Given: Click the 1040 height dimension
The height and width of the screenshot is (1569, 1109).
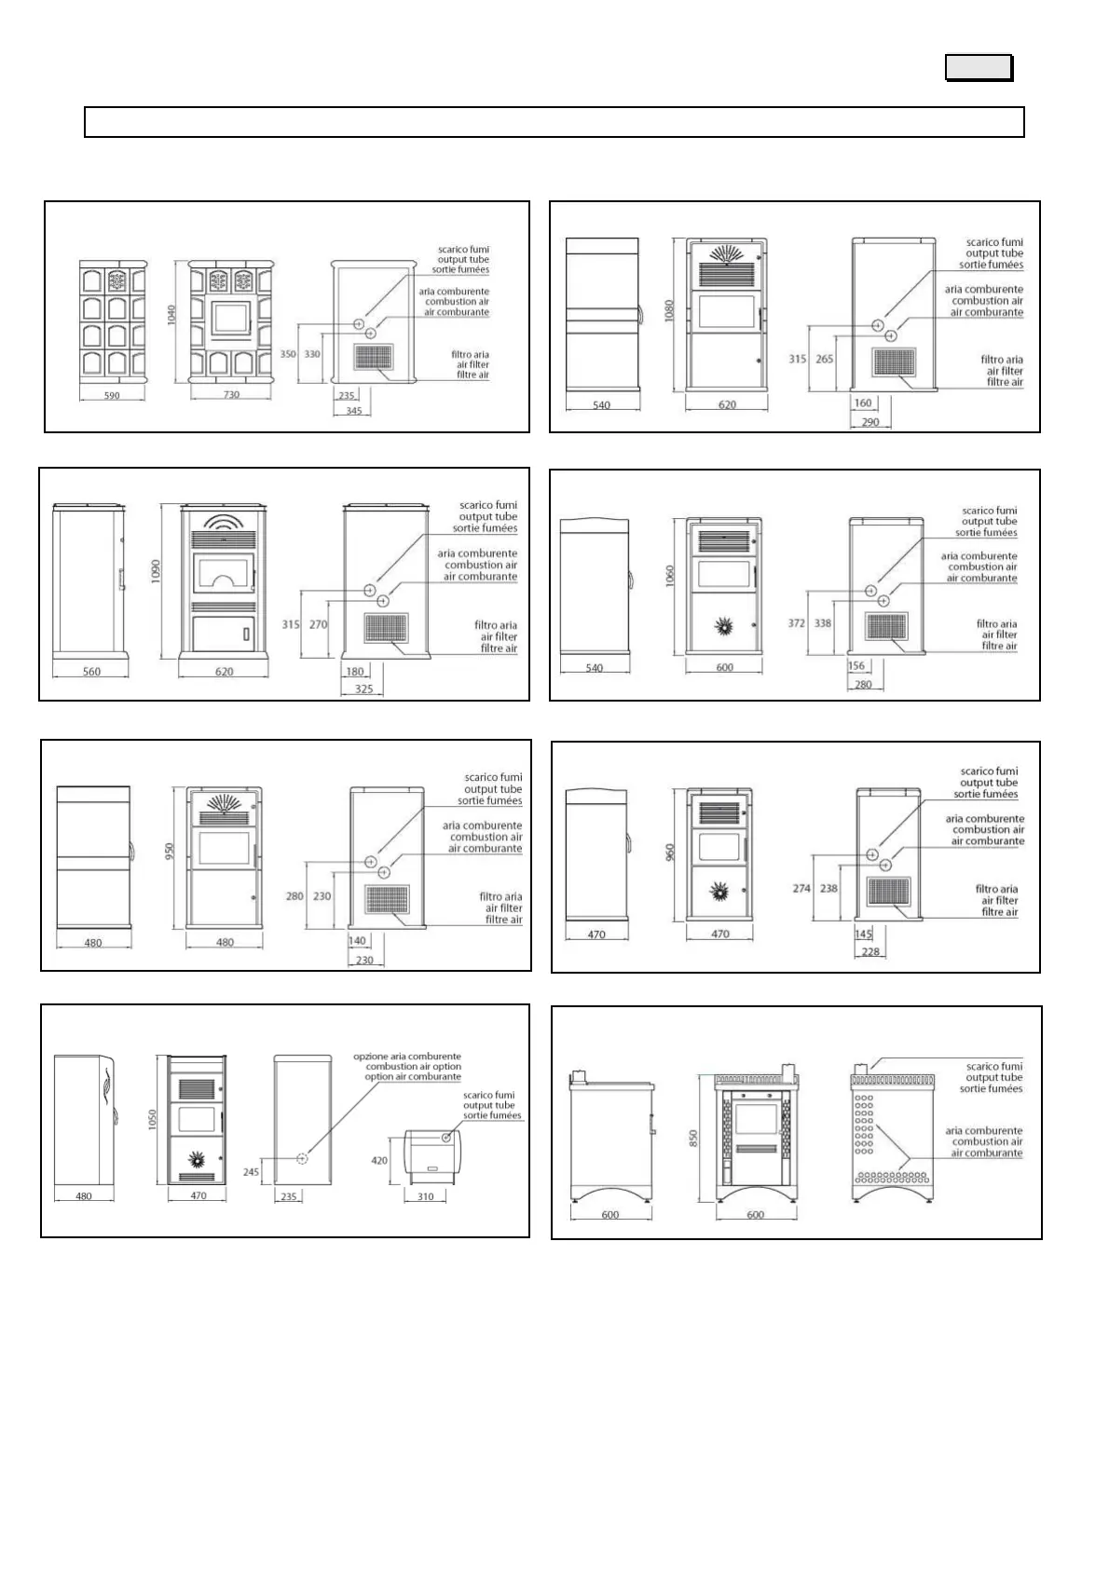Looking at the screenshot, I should (171, 318).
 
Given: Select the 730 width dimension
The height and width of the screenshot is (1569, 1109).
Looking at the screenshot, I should (231, 395).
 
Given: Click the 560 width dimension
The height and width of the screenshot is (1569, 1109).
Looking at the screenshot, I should (91, 672).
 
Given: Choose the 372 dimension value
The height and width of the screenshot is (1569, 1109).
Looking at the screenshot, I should (796, 623).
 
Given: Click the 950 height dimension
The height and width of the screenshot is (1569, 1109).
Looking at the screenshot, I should (170, 853).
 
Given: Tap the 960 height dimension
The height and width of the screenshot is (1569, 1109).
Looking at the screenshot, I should (669, 853).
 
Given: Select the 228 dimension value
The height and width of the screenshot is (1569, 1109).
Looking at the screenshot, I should (870, 952).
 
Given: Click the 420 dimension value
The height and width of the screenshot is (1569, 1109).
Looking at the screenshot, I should (379, 1161).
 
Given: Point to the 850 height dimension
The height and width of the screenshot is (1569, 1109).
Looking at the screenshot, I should (693, 1138).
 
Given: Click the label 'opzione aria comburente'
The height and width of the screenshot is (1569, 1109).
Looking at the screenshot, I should (407, 1057).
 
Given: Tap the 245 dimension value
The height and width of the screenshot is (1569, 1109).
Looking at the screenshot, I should (252, 1172).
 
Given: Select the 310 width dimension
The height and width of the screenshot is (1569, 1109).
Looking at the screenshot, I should (425, 1197).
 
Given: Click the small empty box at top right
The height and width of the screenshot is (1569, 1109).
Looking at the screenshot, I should (979, 68).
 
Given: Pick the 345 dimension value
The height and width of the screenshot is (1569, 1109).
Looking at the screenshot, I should (353, 411).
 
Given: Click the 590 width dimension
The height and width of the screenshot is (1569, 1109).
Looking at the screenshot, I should (112, 396).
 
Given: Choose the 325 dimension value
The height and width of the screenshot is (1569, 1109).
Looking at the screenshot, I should (364, 689).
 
